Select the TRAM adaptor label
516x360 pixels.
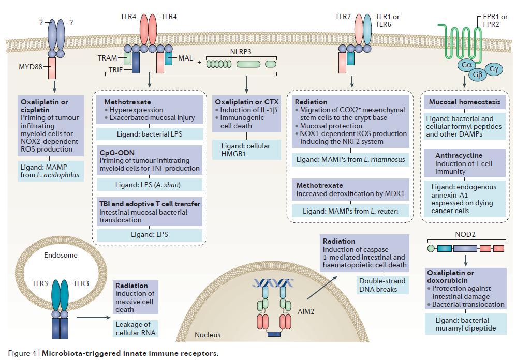108,58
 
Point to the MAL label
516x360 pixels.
185,58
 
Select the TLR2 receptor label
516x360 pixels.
343,17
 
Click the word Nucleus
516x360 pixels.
208,335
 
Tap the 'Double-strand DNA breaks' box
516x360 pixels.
377,284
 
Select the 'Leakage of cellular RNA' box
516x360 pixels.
135,328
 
